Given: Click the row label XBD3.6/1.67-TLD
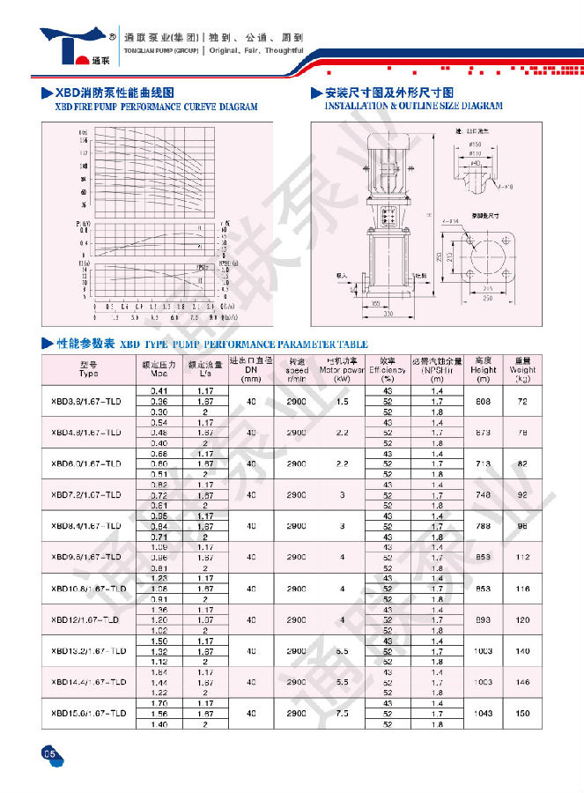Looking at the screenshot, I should coord(88,401).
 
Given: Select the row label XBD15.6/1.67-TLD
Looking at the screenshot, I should coord(88,713).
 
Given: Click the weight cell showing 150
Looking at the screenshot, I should coord(522,713).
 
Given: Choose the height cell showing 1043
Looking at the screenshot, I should coord(483,713).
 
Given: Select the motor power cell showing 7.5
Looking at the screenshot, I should coord(342,713).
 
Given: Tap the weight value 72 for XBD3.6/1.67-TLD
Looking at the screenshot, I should coord(522,401).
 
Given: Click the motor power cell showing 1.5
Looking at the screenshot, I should coord(342,401).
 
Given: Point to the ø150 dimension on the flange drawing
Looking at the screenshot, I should coord(476,144).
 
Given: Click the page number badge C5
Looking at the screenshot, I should coord(49,752).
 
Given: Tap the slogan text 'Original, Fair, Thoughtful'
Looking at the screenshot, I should coord(256,50).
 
